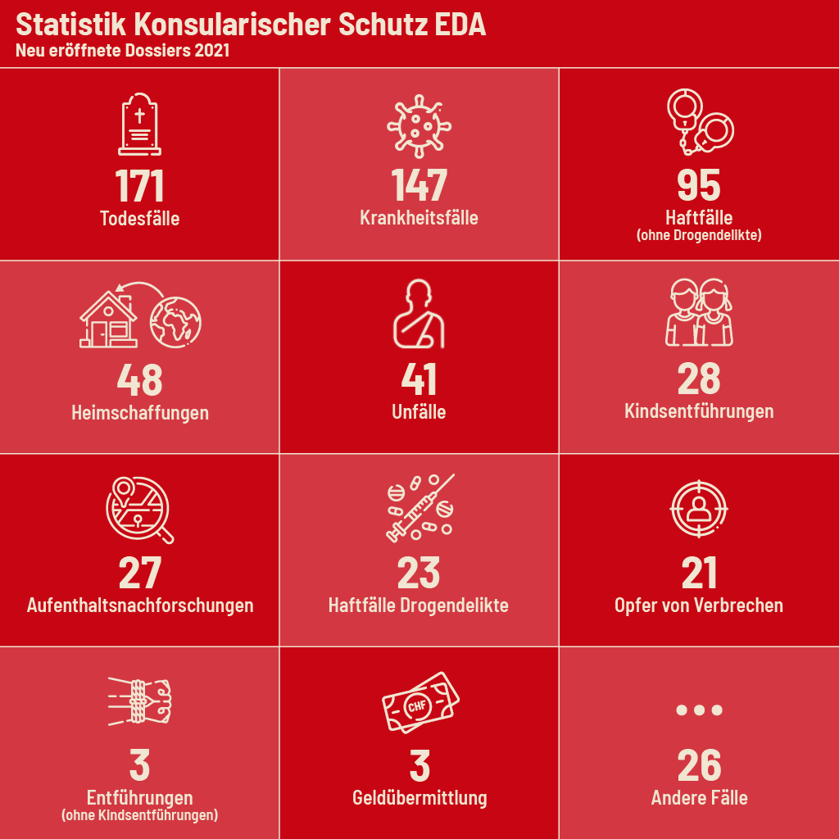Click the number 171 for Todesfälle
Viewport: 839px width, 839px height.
139,186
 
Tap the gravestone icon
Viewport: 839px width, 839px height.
139,125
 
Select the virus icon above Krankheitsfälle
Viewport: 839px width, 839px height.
419,125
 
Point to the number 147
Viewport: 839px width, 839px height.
419,186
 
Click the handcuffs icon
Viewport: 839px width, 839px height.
699,123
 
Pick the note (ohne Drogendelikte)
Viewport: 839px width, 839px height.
699,236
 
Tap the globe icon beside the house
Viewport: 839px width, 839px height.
175,319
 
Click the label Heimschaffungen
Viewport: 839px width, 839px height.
139,412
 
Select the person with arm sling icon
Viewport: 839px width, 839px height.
419,315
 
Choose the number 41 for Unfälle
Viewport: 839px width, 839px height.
419,379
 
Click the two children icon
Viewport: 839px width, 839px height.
699,314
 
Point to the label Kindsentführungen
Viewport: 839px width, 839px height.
699,410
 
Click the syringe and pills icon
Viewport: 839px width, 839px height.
419,508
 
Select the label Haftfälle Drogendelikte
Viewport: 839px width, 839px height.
419,605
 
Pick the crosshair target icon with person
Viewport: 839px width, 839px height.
698,508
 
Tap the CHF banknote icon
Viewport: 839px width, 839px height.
420,702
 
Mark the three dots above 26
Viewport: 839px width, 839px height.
699,710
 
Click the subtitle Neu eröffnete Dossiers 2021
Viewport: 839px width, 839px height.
122,51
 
